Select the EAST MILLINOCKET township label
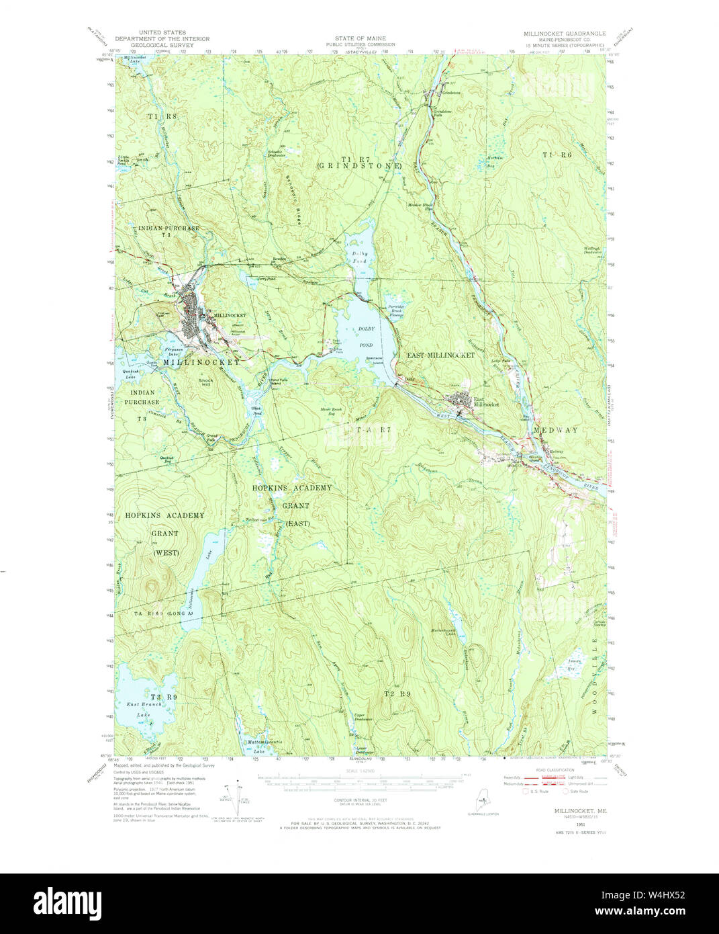[440, 355]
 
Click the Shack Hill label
[206, 384]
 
